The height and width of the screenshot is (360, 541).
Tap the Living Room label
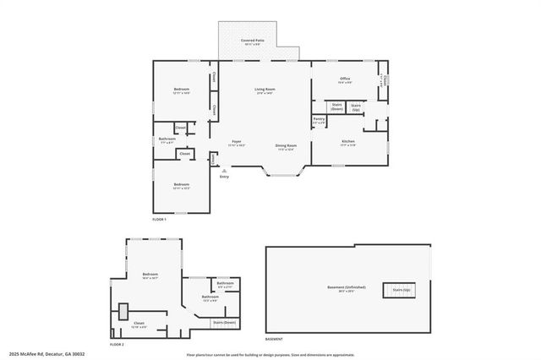pyautogui.click(x=265, y=90)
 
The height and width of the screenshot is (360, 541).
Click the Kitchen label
pyautogui.click(x=347, y=142)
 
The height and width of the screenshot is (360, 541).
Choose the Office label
pyautogui.click(x=345, y=80)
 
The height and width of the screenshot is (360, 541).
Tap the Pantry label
pyautogui.click(x=319, y=121)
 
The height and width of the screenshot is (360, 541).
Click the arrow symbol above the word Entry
pyautogui.click(x=224, y=171)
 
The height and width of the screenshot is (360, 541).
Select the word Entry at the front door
pyautogui.click(x=224, y=177)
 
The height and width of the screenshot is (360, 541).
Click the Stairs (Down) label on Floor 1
pyautogui.click(x=336, y=107)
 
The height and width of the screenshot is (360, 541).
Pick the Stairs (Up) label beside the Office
pyautogui.click(x=357, y=107)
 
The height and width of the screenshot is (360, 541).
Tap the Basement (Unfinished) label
pyautogui.click(x=347, y=288)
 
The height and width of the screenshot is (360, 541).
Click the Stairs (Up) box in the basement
pyautogui.click(x=401, y=289)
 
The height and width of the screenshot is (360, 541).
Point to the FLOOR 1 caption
pyautogui.click(x=160, y=219)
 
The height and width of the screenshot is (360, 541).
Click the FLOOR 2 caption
pyautogui.click(x=117, y=344)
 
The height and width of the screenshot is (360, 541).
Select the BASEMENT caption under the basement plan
pyautogui.click(x=274, y=339)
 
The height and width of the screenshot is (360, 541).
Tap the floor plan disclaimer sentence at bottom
pyautogui.click(x=270, y=354)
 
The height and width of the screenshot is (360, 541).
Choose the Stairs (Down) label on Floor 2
pyautogui.click(x=223, y=322)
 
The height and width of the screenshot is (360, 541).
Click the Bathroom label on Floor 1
pyautogui.click(x=167, y=139)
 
